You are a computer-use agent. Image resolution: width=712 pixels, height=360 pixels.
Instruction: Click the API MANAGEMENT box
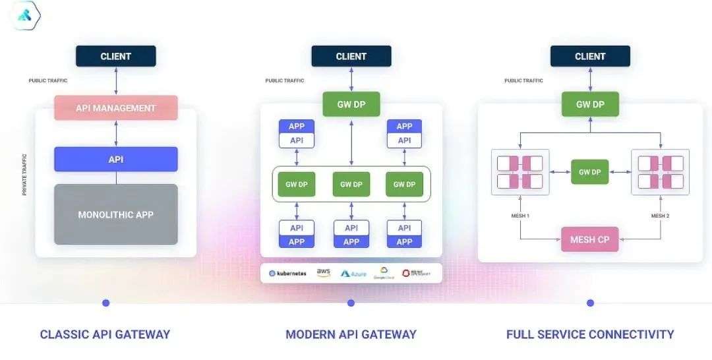pyautogui.click(x=116, y=108)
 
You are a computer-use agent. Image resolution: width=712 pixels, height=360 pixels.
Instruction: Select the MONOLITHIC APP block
pyautogui.click(x=116, y=214)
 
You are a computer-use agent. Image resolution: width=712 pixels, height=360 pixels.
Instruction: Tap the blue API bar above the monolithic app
pyautogui.click(x=116, y=160)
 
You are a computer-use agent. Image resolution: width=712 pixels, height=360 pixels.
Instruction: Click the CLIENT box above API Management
pyautogui.click(x=116, y=56)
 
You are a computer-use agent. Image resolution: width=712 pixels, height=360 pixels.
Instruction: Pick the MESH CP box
pyautogui.click(x=589, y=239)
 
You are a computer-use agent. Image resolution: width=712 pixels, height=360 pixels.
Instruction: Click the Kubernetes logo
pyautogui.click(x=287, y=273)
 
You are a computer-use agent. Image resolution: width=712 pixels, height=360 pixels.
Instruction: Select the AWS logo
pyautogui.click(x=323, y=272)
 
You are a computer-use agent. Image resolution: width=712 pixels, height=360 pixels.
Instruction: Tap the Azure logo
pyautogui.click(x=353, y=273)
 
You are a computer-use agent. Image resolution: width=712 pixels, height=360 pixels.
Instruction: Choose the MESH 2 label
pyautogui.click(x=661, y=216)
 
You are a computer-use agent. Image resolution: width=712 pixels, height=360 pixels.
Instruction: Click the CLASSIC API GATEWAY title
pyautogui.click(x=105, y=334)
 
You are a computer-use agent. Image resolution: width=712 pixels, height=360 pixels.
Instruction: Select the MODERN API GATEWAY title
pyautogui.click(x=351, y=334)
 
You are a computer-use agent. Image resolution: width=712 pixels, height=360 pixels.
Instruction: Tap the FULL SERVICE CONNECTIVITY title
pyautogui.click(x=590, y=334)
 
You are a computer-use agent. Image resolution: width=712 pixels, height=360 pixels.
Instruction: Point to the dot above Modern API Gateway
pyautogui.click(x=351, y=303)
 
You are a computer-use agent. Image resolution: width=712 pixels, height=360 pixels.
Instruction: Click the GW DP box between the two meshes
pyautogui.click(x=589, y=172)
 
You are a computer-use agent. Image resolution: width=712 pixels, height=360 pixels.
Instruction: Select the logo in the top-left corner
pyautogui.click(x=26, y=16)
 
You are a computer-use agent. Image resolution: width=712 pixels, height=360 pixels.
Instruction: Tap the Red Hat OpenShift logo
pyautogui.click(x=415, y=273)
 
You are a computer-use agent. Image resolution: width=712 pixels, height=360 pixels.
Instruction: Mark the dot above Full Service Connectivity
pyautogui.click(x=590, y=303)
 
